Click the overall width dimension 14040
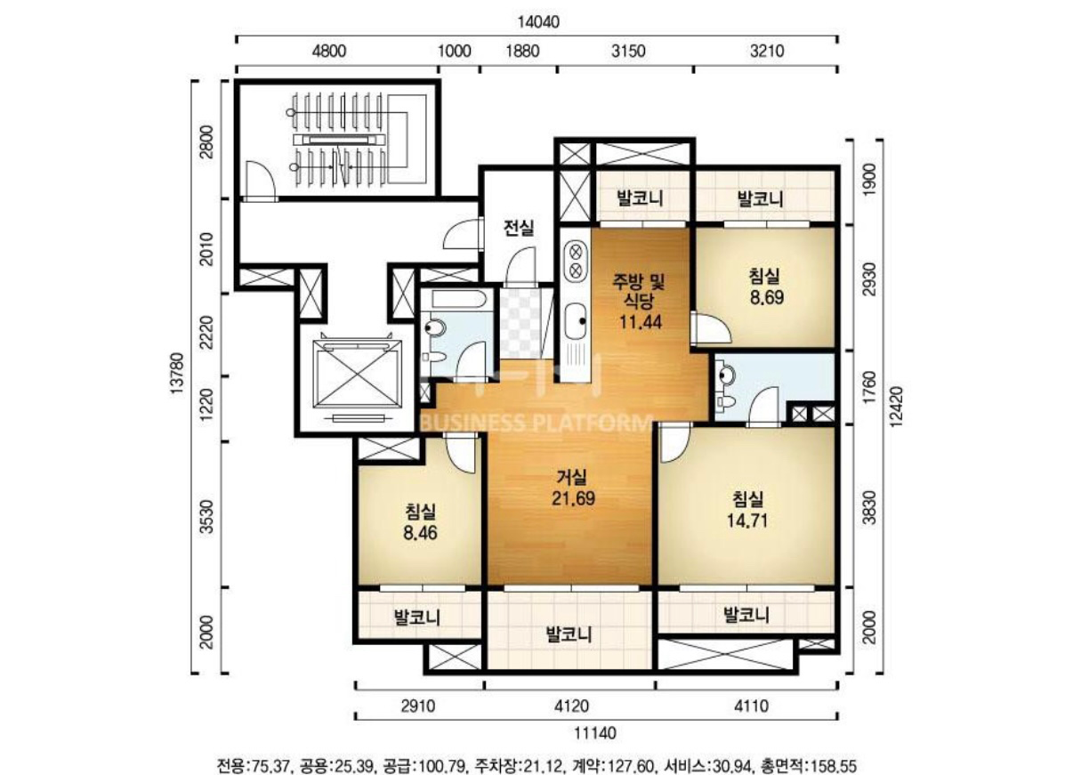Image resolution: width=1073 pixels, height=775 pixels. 538,22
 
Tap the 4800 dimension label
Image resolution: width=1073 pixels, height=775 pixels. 328,51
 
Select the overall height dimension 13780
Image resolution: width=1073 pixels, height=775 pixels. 177,374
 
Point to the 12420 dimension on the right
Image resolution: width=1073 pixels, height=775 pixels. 896,406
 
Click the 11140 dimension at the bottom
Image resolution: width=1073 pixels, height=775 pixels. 595,733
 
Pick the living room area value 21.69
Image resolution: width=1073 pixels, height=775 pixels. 573,498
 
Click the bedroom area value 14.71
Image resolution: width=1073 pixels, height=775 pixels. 747,521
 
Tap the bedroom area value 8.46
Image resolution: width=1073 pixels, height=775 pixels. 420,533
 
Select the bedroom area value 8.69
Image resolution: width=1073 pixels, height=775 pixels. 766,297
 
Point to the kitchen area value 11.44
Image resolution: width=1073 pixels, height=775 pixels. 641,322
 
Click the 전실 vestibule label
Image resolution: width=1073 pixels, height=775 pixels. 519,228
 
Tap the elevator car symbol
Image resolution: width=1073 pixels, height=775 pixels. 359,374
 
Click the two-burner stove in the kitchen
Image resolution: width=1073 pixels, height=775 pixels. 576,262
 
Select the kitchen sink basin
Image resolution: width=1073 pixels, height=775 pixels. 576,321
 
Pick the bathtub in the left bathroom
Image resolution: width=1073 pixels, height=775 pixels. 459,299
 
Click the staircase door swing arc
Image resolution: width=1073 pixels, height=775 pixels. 261,178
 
